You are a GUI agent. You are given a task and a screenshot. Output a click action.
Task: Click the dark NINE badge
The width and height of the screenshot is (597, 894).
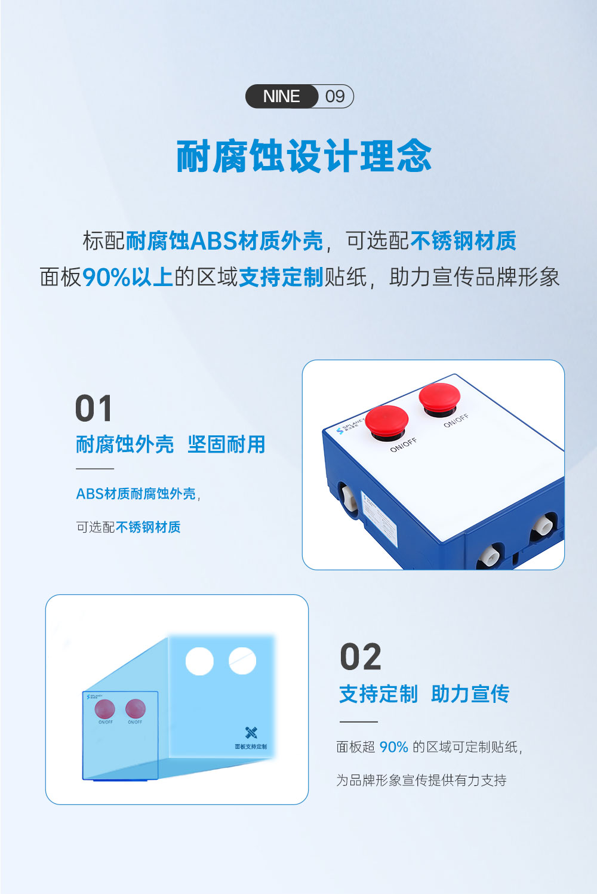[x=281, y=96]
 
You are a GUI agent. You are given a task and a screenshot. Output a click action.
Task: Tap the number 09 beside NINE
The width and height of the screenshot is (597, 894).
[x=335, y=96]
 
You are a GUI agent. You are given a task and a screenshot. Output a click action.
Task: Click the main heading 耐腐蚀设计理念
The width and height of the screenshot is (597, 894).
[x=304, y=156]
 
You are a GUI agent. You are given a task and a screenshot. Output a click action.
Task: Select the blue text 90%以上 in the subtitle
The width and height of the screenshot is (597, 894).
[x=127, y=277]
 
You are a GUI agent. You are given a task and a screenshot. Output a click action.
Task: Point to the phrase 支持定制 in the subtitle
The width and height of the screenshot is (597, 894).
[x=281, y=277]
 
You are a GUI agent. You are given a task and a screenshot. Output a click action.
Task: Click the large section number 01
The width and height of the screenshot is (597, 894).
[x=94, y=409]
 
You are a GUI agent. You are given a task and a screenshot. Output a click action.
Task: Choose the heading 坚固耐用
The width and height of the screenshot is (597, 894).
[x=226, y=444]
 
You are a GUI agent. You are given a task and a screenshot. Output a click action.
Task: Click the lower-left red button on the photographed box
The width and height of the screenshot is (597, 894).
[x=386, y=420]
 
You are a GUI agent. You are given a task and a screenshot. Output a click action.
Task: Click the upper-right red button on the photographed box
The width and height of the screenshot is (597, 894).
[x=439, y=395]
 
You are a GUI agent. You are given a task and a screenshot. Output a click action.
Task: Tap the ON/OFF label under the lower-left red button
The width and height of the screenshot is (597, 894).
[x=404, y=445]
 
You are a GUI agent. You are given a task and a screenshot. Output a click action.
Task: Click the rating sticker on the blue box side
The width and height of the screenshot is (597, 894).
[x=380, y=521]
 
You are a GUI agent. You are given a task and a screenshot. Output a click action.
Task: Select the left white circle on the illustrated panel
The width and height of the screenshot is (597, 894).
[x=199, y=661]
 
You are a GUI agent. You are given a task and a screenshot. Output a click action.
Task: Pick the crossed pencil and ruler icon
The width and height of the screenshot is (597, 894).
[x=251, y=732]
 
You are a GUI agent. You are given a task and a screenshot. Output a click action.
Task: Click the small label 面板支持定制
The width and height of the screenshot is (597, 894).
[x=251, y=746]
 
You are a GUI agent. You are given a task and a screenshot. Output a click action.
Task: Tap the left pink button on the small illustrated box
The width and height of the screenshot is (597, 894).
[x=105, y=709]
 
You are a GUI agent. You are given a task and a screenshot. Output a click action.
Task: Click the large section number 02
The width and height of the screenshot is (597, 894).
[x=360, y=658]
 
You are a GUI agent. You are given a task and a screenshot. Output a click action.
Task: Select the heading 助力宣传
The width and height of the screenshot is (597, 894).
[x=470, y=694]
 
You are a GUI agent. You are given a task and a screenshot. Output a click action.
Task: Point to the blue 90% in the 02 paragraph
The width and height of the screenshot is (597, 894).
[x=393, y=747]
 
